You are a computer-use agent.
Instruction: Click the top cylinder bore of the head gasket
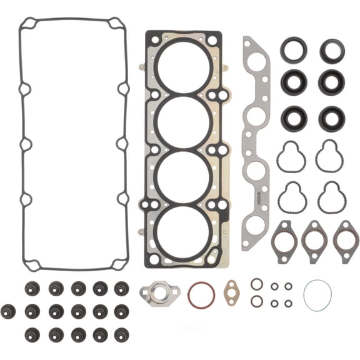coord(184,65)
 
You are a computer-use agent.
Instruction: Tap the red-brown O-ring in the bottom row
coord(201,294)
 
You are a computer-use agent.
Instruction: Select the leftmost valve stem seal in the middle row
coord(9,310)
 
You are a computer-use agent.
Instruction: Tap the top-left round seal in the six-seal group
coord(293,51)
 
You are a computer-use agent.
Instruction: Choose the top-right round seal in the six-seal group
coord(332,51)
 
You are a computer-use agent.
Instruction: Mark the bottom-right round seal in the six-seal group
coord(332,119)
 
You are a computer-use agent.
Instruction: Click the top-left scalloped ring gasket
coord(291,156)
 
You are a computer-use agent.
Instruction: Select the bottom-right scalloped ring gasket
coord(331,197)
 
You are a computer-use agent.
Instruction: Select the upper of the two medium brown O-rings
coord(256,284)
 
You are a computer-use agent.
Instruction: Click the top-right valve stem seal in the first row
coord(121,289)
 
